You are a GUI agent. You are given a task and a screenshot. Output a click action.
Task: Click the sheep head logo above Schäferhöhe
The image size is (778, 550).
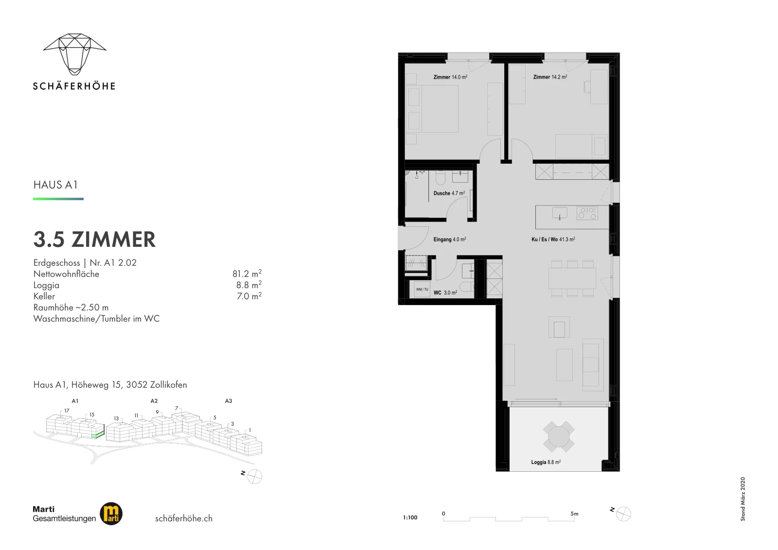coord(75,54)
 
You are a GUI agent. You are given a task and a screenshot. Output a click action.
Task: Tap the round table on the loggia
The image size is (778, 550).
coord(559,436)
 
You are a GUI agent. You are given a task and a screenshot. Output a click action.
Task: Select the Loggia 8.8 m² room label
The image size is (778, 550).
coord(546,462)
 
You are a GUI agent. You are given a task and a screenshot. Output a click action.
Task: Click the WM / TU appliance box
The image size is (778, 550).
coord(422,290)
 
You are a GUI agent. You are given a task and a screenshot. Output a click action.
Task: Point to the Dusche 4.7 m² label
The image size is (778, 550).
coord(449,193)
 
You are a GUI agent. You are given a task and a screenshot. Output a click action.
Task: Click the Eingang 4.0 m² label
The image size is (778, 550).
coord(449,239)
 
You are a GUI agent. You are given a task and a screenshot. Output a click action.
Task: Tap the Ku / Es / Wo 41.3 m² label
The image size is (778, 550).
coord(553,239)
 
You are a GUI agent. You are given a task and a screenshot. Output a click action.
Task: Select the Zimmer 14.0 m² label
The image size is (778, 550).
coord(450,77)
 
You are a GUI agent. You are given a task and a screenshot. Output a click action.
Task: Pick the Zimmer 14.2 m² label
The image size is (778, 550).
coord(550,77)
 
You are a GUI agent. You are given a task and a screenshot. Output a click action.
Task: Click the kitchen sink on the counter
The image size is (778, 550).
coord(560,213)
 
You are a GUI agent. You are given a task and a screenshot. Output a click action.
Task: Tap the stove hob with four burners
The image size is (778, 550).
coord(587,213)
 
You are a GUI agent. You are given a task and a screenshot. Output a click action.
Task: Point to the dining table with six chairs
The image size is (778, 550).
coord(572,278)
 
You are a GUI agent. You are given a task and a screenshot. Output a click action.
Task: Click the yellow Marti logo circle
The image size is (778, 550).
coord(111,514)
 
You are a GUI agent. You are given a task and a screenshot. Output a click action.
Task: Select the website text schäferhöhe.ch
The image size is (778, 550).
coord(184,518)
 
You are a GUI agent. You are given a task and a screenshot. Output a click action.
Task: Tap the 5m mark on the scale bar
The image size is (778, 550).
coord(574,514)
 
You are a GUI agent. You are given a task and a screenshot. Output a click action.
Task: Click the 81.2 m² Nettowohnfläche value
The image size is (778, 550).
coord(247,274)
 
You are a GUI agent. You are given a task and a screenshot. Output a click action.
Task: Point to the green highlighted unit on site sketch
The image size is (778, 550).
coord(98,434)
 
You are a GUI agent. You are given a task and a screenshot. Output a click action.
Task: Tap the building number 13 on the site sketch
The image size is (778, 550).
coord(116,418)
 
